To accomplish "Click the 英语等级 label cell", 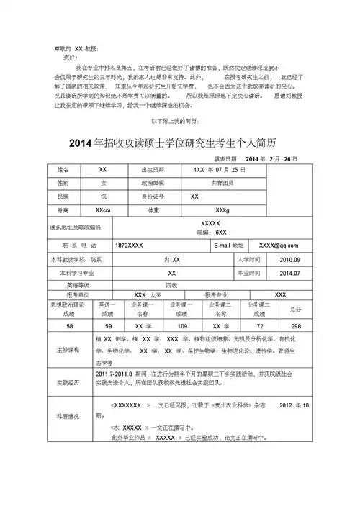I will click(68, 285).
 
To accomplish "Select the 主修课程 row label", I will click(67, 351).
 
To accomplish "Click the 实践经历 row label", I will click(67, 382).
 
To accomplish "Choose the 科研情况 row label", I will click(67, 417).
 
